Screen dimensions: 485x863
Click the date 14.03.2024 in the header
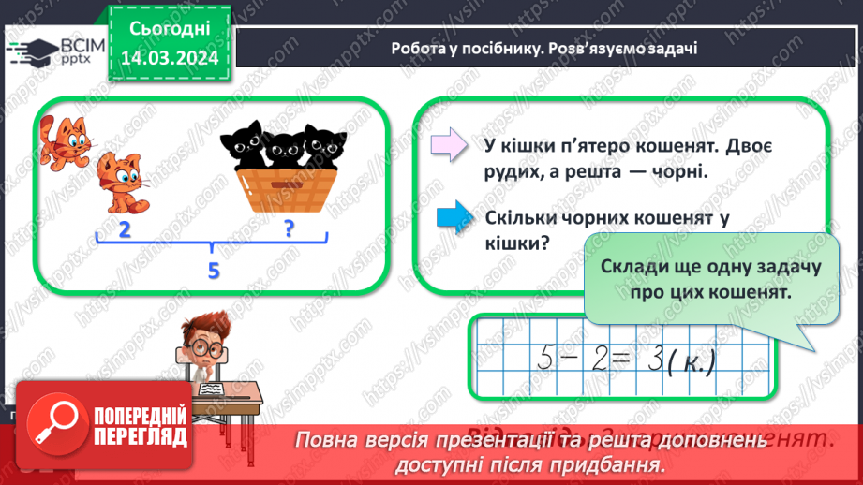170,59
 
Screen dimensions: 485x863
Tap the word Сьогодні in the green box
170,30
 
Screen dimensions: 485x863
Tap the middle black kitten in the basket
281,147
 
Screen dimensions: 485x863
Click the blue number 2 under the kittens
125,229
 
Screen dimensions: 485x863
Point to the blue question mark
290,228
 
